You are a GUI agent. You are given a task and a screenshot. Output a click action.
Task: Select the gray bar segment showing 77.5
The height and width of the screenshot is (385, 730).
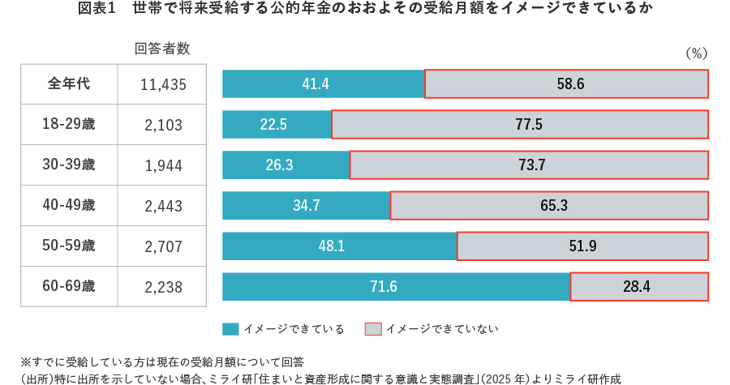point(519,125)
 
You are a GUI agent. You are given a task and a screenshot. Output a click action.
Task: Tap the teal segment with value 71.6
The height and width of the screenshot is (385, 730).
point(396,287)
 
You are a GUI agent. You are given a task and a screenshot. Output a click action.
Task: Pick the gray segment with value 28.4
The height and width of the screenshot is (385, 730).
point(639,287)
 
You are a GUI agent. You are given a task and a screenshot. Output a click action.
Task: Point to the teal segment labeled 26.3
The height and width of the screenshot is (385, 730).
point(286,165)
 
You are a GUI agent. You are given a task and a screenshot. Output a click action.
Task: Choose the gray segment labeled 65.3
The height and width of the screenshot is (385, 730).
point(549,206)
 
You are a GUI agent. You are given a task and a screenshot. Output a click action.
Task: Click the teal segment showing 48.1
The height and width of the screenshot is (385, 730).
point(339,246)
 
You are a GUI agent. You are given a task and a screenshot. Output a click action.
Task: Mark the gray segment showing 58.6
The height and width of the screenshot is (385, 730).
point(566,84)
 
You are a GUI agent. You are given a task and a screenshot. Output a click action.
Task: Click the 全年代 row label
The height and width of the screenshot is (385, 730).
point(69,84)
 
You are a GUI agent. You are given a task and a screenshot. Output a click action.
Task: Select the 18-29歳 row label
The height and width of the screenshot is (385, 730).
point(69,125)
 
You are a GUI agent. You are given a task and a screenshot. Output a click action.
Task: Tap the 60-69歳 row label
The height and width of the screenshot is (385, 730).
point(69,287)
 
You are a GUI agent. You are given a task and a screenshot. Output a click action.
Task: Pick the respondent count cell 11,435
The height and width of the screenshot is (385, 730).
point(163,84)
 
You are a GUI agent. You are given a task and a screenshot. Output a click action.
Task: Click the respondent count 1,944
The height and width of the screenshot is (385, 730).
point(163,165)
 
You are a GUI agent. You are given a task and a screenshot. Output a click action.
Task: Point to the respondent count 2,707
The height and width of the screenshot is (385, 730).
point(163,246)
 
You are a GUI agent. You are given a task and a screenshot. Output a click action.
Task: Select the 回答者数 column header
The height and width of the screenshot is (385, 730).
point(162,49)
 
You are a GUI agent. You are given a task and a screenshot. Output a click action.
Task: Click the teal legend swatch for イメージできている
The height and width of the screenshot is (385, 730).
point(230,329)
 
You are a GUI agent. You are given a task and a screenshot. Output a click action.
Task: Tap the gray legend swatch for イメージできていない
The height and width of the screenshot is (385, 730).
point(373,329)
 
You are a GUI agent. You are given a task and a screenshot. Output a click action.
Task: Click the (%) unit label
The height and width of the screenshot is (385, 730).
point(697,53)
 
